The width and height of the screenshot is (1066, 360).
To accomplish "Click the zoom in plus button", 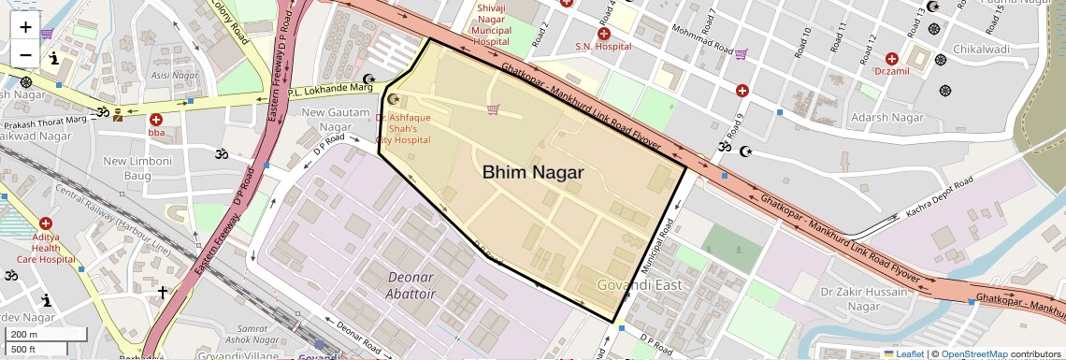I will pyautogui.click(x=25, y=26).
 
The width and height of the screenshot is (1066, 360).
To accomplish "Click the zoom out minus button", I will pyautogui.click(x=25, y=54).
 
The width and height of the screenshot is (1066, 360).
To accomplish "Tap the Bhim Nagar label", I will pyautogui.click(x=533, y=172).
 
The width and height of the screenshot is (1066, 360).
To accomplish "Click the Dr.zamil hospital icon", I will pyautogui.click(x=891, y=58).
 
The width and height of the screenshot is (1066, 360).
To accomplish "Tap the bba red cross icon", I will pyautogui.click(x=155, y=120).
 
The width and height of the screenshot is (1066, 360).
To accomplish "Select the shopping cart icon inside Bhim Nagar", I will pyautogui.click(x=493, y=109).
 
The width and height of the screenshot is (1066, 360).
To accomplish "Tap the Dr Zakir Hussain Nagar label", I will pyautogui.click(x=864, y=299).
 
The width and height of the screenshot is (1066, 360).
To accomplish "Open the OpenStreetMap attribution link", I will pyautogui.click(x=973, y=354).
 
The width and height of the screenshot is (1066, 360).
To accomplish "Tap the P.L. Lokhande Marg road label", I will pyautogui.click(x=330, y=89).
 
